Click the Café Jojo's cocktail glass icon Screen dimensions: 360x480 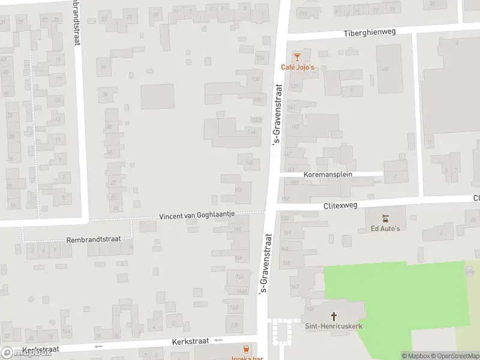pyautogui.click(x=296, y=57)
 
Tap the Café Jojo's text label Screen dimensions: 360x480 pyautogui.click(x=298, y=67)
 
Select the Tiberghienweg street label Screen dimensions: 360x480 pyautogui.click(x=370, y=32)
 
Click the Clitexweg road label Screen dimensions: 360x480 pyautogui.click(x=340, y=205)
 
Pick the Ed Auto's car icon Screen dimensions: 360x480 pyautogui.click(x=385, y=218)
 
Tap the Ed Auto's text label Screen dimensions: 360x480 pyautogui.click(x=385, y=228)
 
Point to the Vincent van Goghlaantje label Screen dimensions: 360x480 pyautogui.click(x=196, y=215)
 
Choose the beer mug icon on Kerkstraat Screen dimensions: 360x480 pyautogui.click(x=245, y=349)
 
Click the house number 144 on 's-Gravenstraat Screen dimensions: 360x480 pyautogui.click(x=253, y=131)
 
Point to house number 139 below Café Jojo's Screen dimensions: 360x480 pyautogui.click(x=294, y=87)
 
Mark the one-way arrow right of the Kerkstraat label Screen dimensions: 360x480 pyautogui.click(x=218, y=340)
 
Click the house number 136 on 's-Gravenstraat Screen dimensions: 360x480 pyautogui.click(x=260, y=58)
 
